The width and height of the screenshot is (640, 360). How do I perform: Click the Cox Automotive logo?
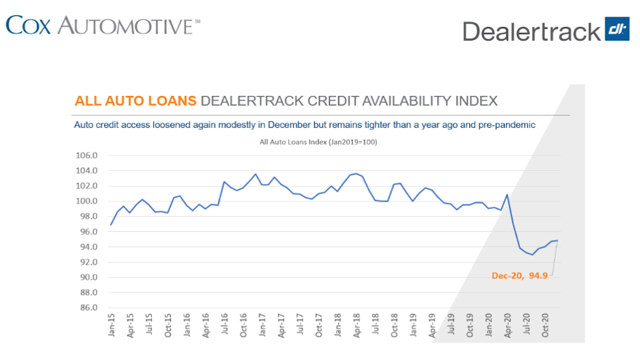click(102, 25)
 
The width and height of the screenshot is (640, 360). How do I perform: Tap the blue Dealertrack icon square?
click(617, 30)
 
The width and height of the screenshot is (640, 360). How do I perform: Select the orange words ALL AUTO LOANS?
click(135, 100)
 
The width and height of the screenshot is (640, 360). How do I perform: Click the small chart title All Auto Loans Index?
click(318, 142)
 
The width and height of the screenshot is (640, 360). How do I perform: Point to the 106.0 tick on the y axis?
click(87, 156)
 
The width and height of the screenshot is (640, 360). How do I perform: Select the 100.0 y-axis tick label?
click(87, 201)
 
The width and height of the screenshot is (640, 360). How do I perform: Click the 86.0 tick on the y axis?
click(87, 308)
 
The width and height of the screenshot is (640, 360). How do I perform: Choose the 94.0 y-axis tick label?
click(87, 247)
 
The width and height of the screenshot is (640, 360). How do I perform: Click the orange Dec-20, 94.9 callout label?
click(517, 276)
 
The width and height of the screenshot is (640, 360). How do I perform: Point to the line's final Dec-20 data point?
click(557, 240)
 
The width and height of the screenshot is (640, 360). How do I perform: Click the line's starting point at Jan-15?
click(111, 225)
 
